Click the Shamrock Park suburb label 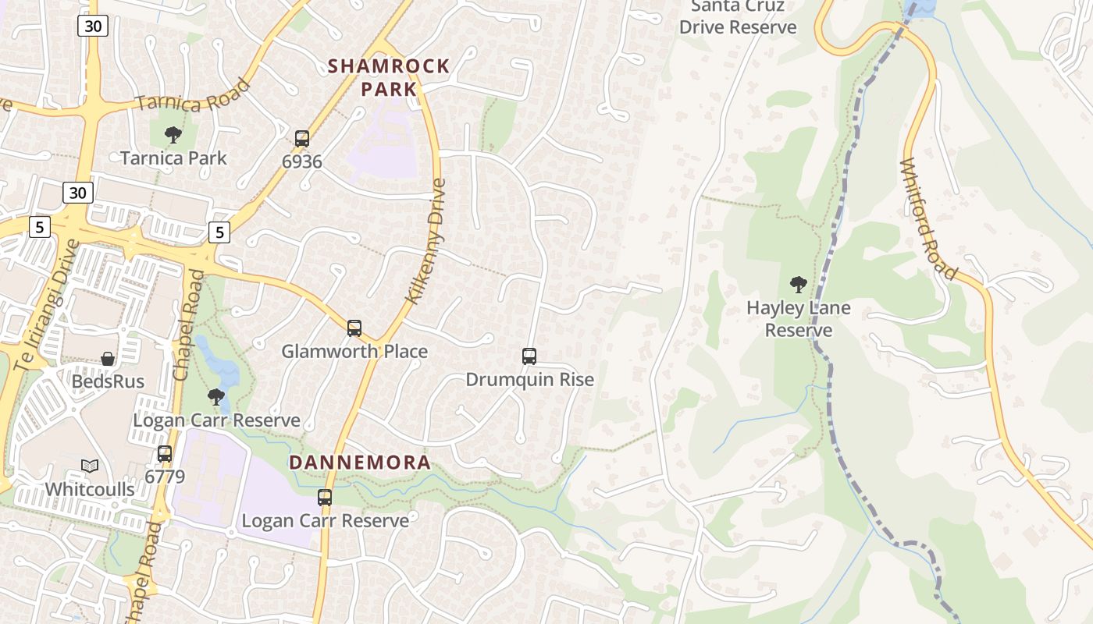click(x=389, y=77)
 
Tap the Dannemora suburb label click(x=360, y=463)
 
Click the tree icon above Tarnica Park click(x=173, y=135)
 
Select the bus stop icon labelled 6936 click(x=302, y=139)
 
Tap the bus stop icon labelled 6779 click(x=165, y=453)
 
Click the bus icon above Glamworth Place click(x=354, y=328)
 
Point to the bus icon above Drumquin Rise click(x=529, y=356)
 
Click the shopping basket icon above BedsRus click(x=108, y=359)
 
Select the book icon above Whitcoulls click(x=90, y=466)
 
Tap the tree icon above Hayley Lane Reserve click(x=798, y=284)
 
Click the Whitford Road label click(x=927, y=219)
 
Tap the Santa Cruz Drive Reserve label click(x=738, y=17)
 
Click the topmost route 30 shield click(x=93, y=26)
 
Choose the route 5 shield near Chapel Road click(x=219, y=232)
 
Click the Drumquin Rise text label click(x=529, y=380)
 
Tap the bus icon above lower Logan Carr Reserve click(x=325, y=497)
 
